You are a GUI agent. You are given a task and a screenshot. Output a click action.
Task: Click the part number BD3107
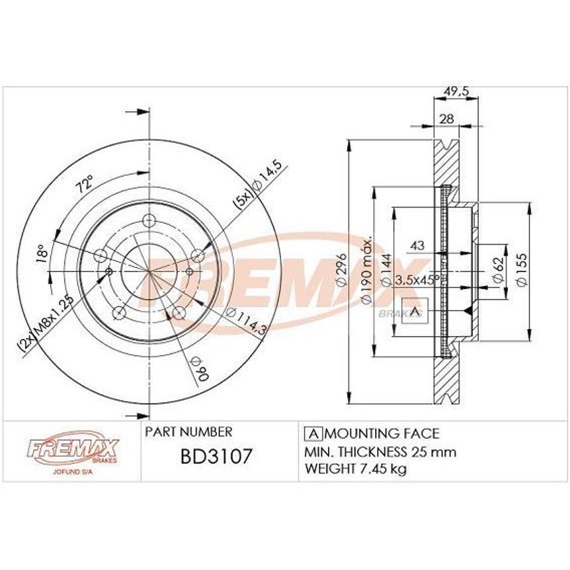(216, 457)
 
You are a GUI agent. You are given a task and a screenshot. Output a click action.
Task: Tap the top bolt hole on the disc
(149, 221)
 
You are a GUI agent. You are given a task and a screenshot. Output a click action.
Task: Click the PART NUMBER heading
(189, 432)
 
